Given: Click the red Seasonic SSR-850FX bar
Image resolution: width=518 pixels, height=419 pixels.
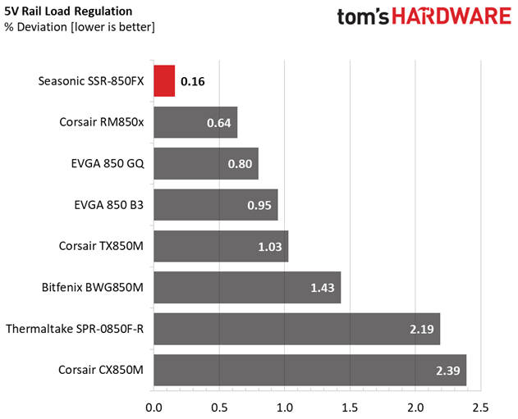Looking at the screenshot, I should pos(164,81).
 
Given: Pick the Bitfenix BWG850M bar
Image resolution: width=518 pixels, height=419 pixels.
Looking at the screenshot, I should pos(246,288).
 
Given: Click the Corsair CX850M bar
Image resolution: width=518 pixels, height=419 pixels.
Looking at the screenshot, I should pos(309,370).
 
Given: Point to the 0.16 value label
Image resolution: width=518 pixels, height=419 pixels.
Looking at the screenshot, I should pos(193,81).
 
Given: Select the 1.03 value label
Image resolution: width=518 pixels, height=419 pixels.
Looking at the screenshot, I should pos(268,246).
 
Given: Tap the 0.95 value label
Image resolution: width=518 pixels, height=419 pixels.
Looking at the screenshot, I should pos(259,205).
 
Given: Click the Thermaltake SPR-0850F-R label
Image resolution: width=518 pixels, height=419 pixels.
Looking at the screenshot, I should pos(75,329).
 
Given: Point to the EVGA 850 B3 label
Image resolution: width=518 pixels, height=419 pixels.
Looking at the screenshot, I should pos(108,205).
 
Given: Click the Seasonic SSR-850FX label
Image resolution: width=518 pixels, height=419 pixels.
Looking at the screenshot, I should pos(91,81).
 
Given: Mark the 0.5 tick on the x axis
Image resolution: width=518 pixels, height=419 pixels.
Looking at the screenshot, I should pos(219,407).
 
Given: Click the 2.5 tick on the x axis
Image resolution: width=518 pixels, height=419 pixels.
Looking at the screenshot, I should pos(481,407).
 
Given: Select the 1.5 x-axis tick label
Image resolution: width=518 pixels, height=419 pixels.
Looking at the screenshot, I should pos(351,407).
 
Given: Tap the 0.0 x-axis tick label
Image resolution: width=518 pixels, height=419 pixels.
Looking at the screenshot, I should pos(154,407).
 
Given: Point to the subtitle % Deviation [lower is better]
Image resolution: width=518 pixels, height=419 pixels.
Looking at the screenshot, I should pos(79,27).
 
